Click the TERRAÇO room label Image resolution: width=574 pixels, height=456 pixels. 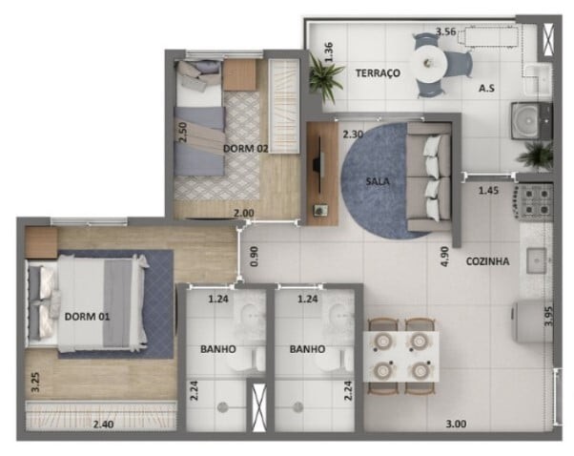[377, 73]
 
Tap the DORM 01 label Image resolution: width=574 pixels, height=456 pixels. [86, 316]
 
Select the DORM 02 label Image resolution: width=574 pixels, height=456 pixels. [246, 148]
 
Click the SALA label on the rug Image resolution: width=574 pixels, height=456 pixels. [378, 180]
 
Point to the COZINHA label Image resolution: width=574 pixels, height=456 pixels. [487, 261]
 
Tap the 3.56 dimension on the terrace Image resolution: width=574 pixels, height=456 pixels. [445, 31]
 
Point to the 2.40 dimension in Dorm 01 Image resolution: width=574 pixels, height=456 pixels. [102, 425]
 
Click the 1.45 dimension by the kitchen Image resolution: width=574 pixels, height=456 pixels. [488, 191]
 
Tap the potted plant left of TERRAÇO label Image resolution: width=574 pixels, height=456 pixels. [325, 76]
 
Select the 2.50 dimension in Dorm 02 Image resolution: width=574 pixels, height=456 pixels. [183, 131]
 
